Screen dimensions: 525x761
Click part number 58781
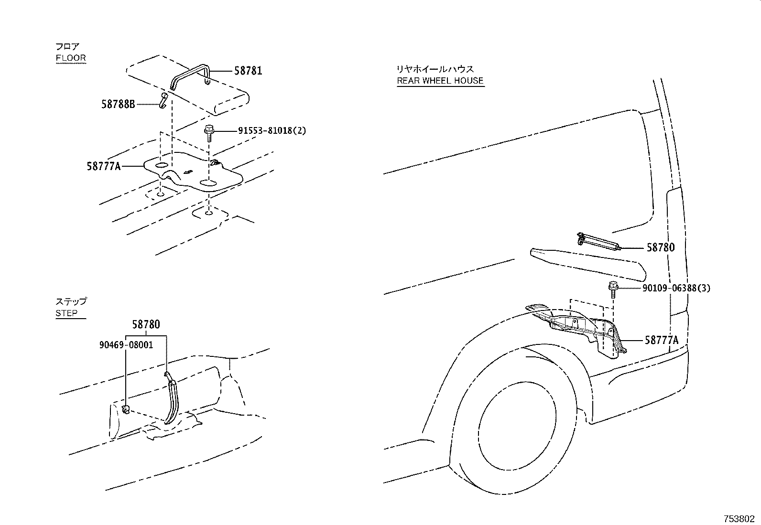[248, 71]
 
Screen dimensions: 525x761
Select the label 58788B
[118, 103]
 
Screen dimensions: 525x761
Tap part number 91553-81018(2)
[272, 130]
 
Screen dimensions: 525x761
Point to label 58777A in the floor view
[104, 166]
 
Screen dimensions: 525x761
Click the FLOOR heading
[71, 58]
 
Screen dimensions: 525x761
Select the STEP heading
[66, 313]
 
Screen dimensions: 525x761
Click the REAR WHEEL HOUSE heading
[440, 80]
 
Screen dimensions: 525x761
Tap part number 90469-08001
[127, 344]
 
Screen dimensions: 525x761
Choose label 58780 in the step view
[145, 324]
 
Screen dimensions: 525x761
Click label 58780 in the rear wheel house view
[661, 247]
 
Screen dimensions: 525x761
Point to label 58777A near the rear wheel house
[662, 340]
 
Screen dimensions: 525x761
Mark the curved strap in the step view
[172, 397]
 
